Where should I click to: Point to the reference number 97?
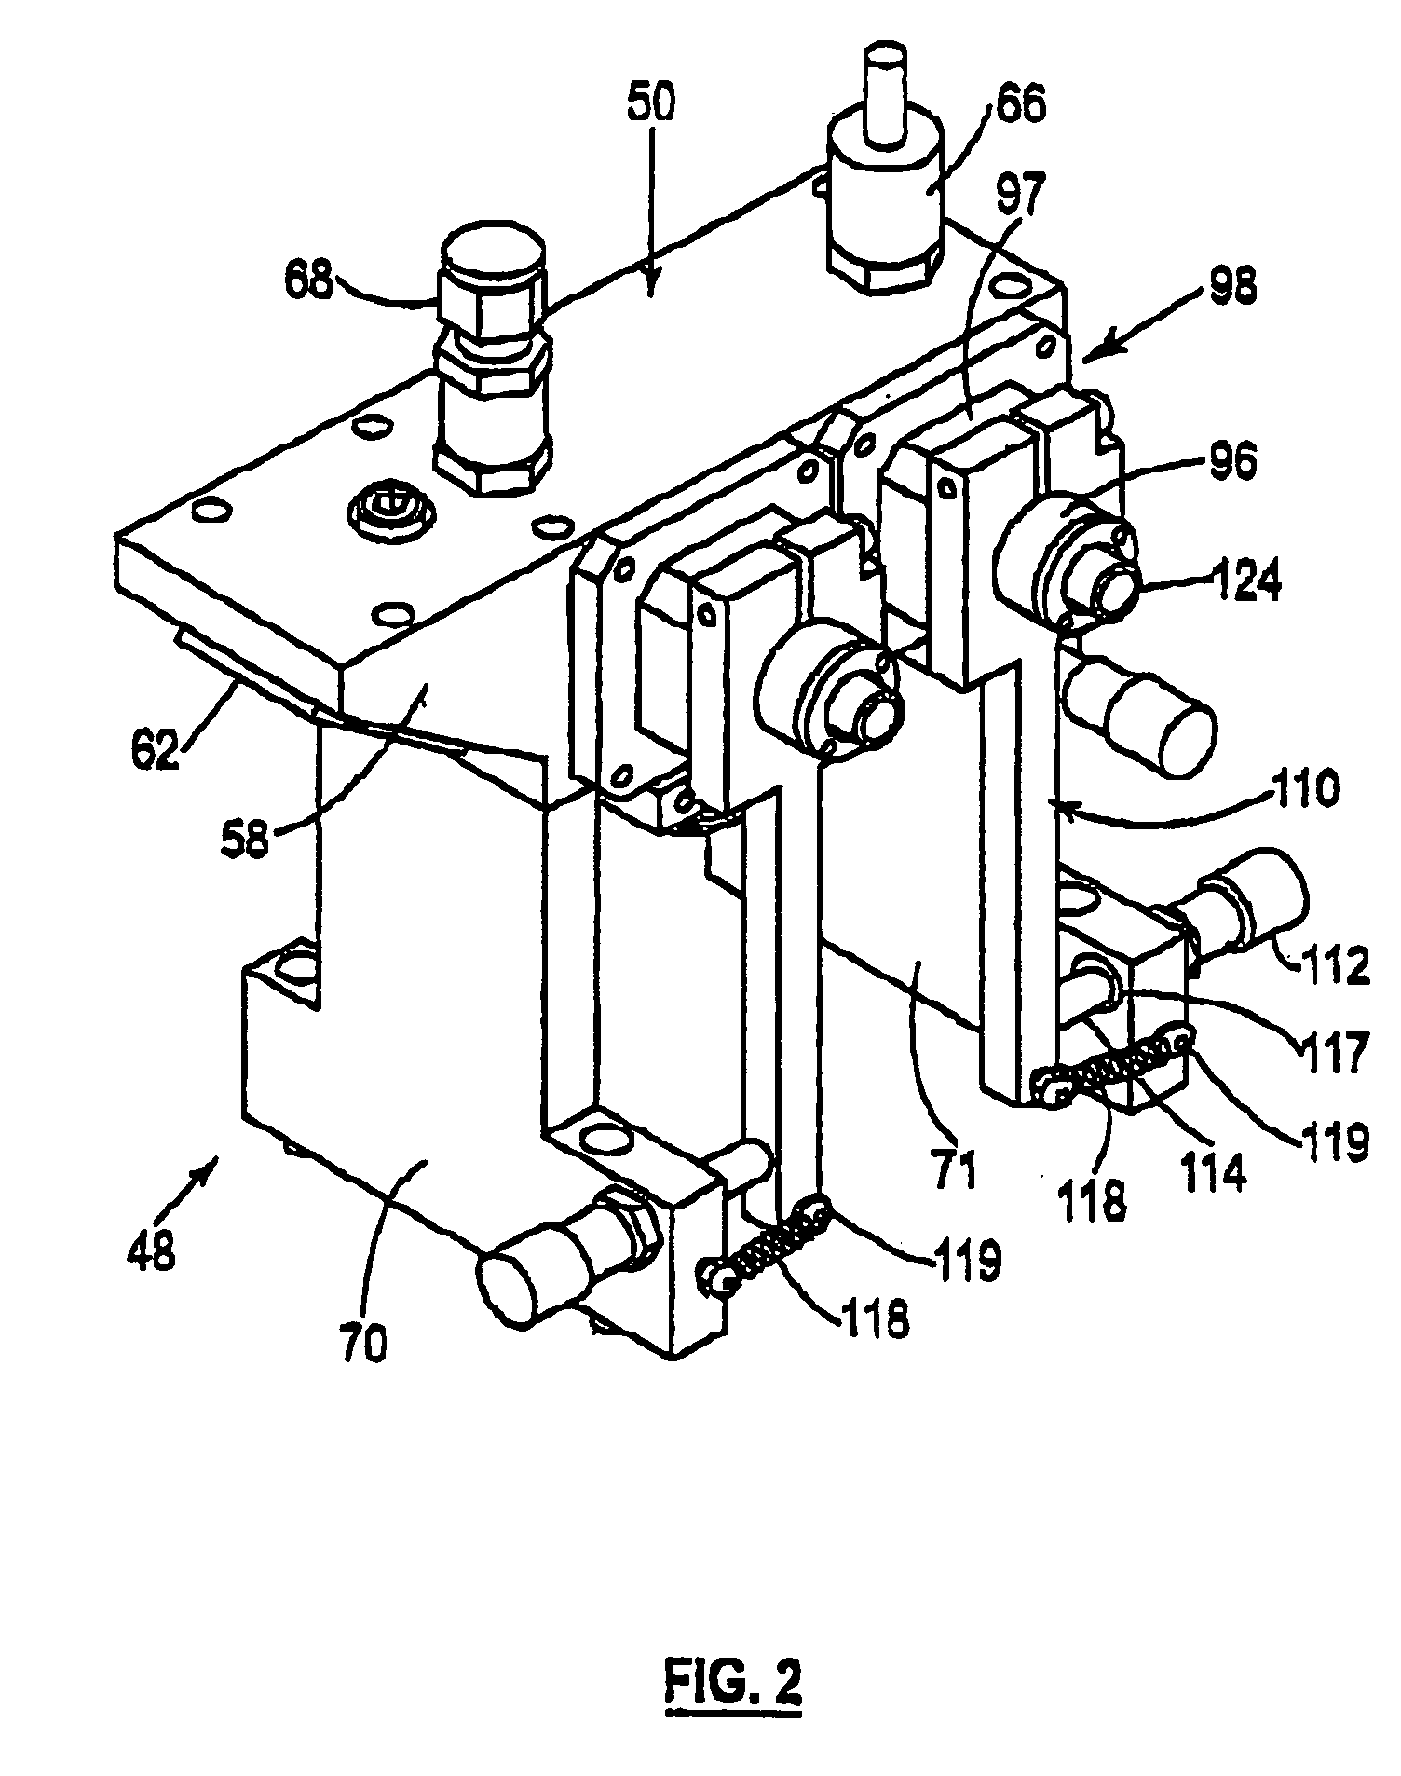pyautogui.click(x=1018, y=197)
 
